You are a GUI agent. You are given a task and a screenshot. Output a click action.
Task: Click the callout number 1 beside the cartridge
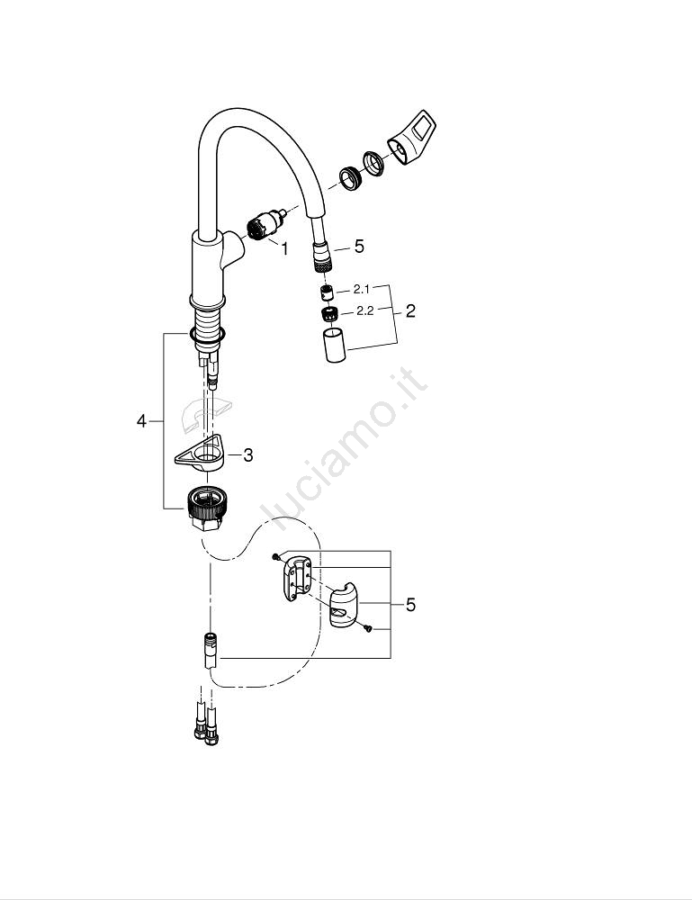(284, 249)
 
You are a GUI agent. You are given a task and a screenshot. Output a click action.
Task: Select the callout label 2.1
(362, 289)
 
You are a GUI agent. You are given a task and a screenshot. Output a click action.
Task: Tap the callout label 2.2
(365, 311)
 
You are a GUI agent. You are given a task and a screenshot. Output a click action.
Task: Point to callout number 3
(247, 455)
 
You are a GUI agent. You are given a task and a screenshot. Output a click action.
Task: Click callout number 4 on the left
(141, 421)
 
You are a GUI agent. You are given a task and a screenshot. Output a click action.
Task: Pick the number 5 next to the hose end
(359, 247)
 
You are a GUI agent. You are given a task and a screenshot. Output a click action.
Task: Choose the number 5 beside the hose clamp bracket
(410, 605)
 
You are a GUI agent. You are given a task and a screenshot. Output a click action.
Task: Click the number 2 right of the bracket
(410, 311)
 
